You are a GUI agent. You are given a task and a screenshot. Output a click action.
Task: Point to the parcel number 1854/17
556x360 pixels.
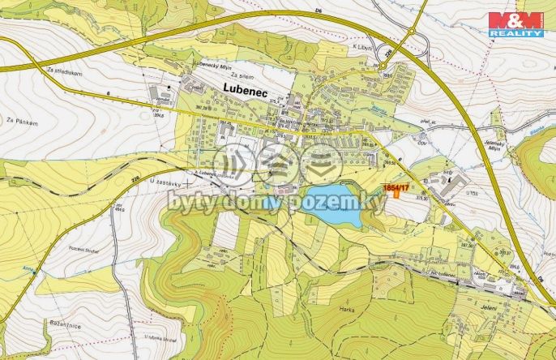click(x=395, y=188)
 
